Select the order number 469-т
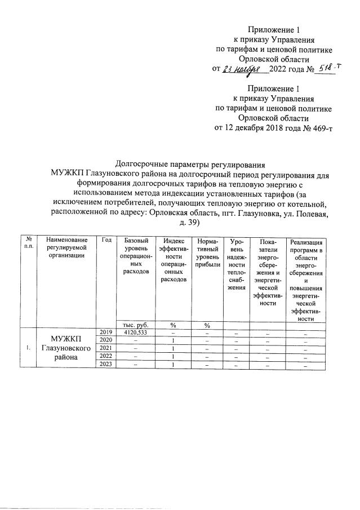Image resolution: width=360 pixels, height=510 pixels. (x=318, y=128)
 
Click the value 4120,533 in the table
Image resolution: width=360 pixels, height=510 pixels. (x=135, y=332)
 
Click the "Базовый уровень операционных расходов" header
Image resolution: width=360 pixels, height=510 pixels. (x=135, y=256)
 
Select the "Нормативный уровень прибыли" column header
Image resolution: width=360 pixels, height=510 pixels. (x=207, y=252)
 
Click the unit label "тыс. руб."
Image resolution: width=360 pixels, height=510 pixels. (x=135, y=325)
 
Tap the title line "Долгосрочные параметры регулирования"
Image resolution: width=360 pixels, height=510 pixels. (x=189, y=165)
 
